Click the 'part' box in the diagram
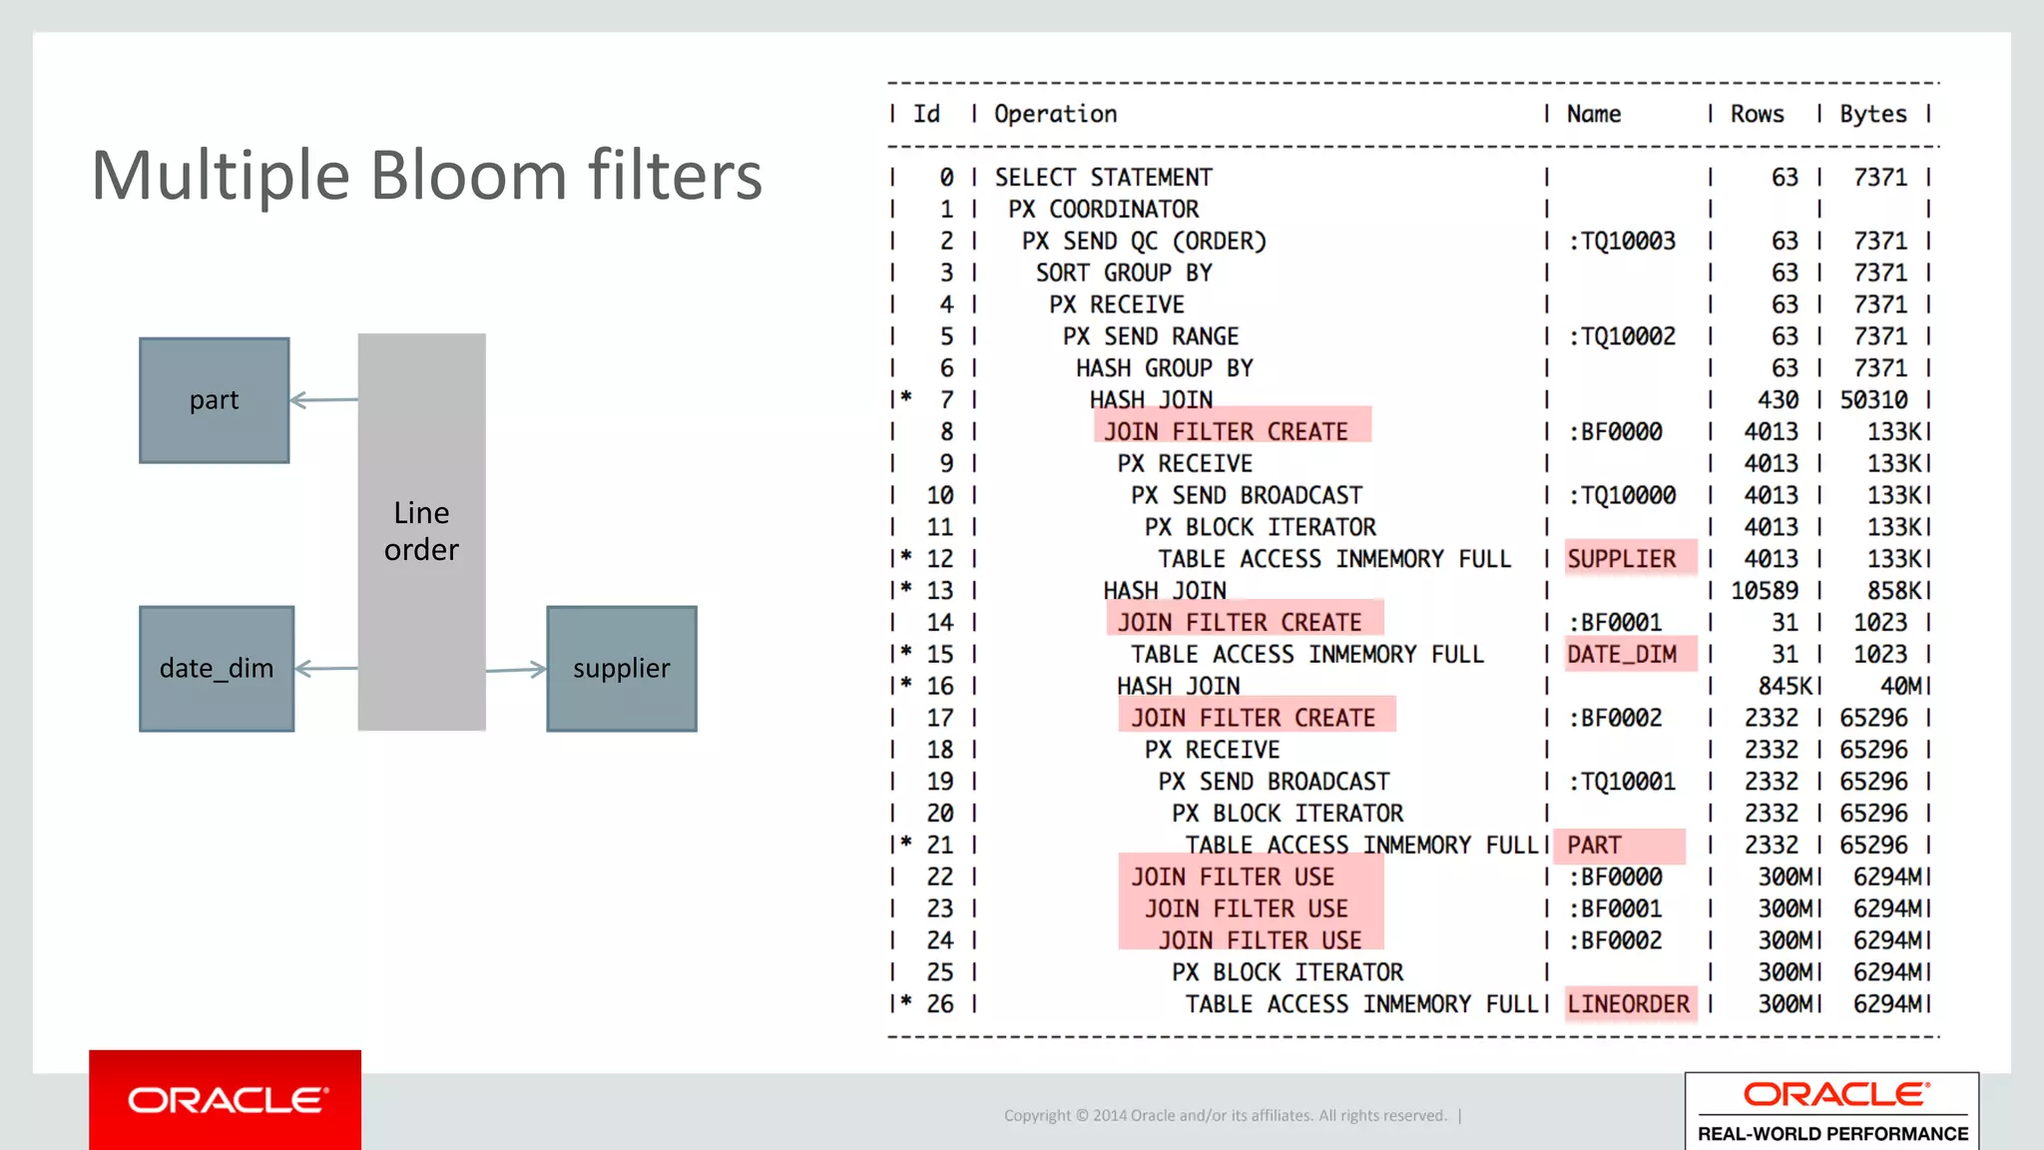click(x=214, y=399)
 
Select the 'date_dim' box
click(x=217, y=668)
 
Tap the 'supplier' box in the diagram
click(x=621, y=668)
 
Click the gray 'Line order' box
click(x=421, y=531)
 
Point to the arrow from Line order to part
click(x=323, y=399)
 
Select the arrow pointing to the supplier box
click(x=516, y=669)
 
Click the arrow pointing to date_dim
click(x=326, y=668)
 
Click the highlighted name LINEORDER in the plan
click(x=1628, y=1003)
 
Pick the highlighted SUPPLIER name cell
click(x=1622, y=558)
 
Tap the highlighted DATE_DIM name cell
click(x=1622, y=654)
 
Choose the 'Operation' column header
click(x=1055, y=114)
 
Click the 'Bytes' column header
click(x=1872, y=114)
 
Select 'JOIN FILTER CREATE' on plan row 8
click(x=1226, y=431)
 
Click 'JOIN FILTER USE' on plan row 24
click(x=1260, y=940)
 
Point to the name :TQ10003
click(x=1622, y=241)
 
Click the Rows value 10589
click(x=1764, y=590)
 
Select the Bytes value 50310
click(x=1872, y=399)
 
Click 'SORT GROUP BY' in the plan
click(x=1124, y=273)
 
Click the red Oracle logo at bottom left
click(x=226, y=1099)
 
